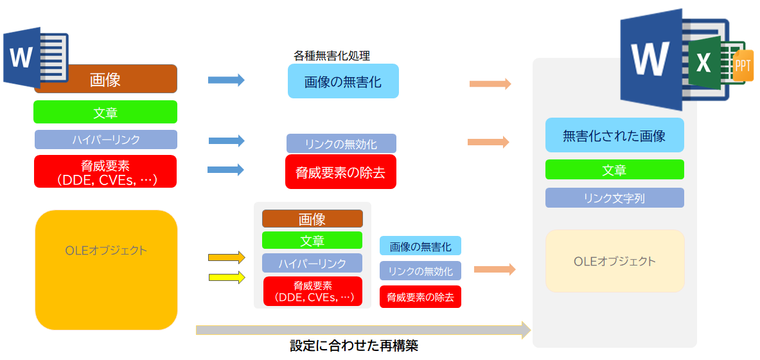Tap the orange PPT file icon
742,66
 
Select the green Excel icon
705,62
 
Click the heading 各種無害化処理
331,56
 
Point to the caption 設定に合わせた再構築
354,346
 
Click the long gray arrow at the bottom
363,330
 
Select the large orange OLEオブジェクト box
106,270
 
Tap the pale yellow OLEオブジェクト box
615,261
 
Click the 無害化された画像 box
614,135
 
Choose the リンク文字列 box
614,198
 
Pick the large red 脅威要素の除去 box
340,172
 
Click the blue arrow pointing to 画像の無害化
226,80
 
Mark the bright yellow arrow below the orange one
227,278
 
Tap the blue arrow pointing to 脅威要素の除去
226,170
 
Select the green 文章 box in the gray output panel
614,170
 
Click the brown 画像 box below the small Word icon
105,80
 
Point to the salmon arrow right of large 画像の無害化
490,84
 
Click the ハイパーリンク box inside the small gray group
312,263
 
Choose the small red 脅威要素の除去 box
420,297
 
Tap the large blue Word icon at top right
650,59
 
